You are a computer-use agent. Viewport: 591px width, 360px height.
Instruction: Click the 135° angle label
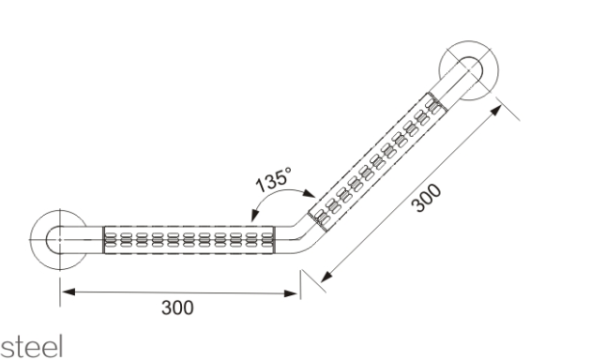pos(274,180)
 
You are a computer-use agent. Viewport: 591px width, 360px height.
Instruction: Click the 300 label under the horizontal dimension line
pos(177,307)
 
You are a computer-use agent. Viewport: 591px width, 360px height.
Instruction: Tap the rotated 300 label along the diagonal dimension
pos(426,198)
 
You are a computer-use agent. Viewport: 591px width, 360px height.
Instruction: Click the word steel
pos(32,347)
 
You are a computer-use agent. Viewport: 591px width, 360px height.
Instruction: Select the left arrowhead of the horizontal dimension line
pos(68,292)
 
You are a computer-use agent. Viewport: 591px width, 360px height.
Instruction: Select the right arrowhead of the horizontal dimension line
pos(291,293)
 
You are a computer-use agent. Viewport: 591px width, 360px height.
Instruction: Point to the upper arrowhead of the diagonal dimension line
pos(495,111)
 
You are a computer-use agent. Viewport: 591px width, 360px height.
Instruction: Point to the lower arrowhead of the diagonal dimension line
pos(326,277)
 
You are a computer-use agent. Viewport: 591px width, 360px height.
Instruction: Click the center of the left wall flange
pos(59,239)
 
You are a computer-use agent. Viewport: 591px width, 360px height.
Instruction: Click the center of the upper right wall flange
pos(469,70)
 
